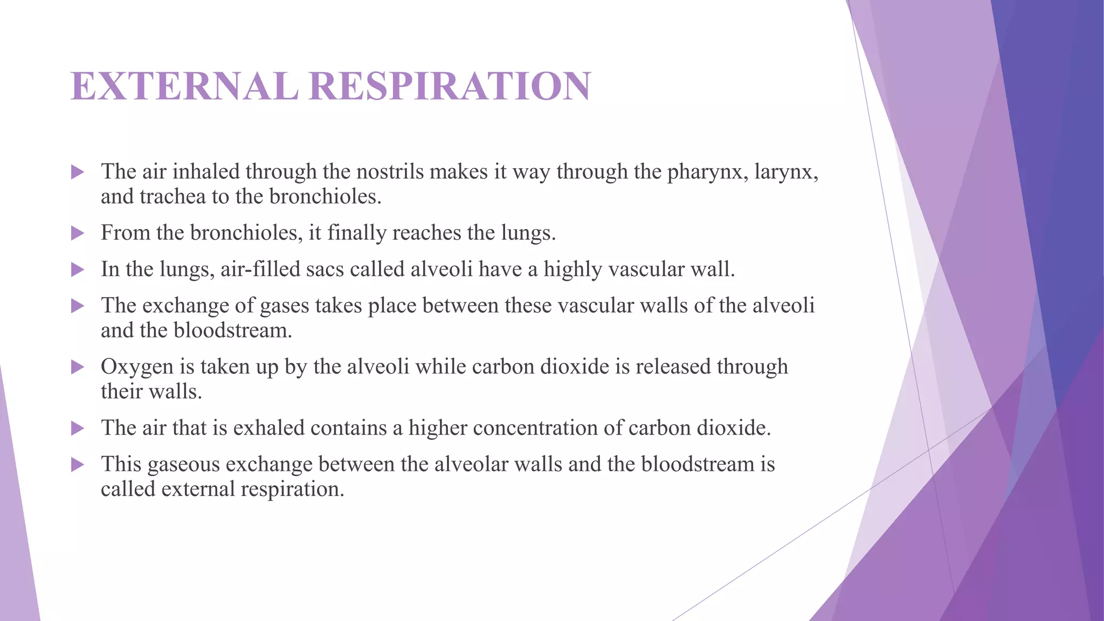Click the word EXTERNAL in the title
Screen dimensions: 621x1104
coord(184,86)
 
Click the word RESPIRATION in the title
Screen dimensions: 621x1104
coord(450,86)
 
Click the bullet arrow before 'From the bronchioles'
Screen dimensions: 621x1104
coord(78,233)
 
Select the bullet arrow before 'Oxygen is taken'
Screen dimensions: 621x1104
coord(78,367)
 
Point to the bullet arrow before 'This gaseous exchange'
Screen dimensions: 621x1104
coord(78,465)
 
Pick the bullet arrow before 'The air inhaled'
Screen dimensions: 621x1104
coord(78,172)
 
